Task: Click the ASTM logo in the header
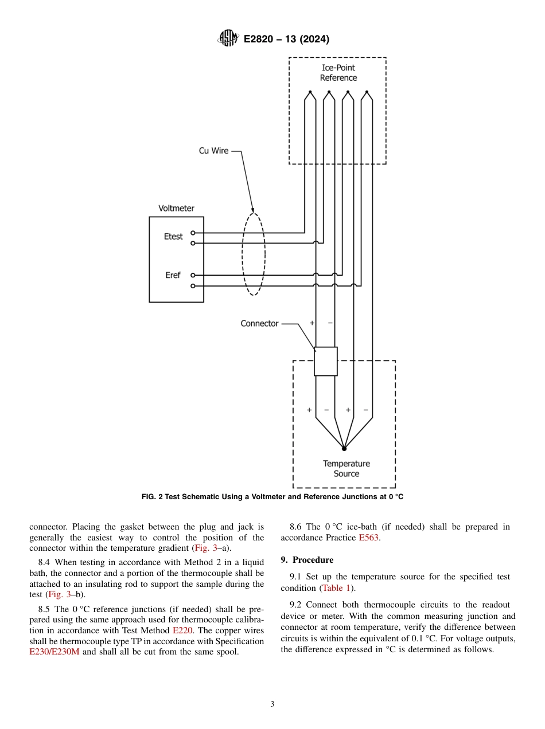[228, 38]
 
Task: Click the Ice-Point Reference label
[338, 73]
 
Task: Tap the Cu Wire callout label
[213, 151]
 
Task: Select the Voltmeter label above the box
[176, 208]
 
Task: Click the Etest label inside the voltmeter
[173, 236]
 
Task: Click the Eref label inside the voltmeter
[173, 275]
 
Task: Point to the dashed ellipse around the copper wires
[253, 253]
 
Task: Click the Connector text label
[259, 323]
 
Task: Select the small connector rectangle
[325, 361]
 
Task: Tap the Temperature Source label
[346, 468]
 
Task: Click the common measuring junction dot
[344, 448]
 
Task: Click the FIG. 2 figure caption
[272, 497]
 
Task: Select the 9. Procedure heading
[306, 559]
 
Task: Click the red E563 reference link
[369, 538]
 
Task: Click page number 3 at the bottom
[272, 704]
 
